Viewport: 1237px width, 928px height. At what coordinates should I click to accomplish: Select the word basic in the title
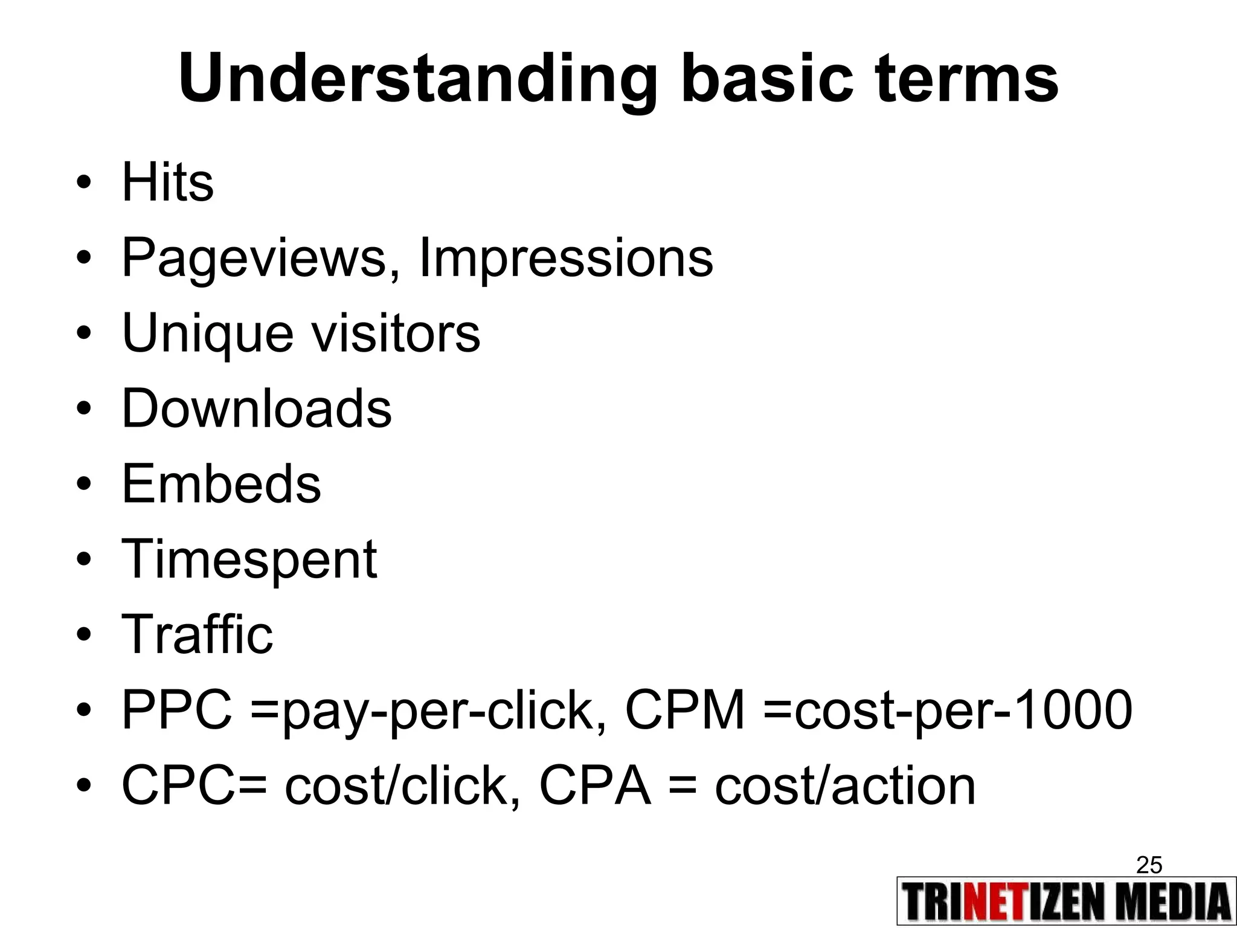tap(767, 79)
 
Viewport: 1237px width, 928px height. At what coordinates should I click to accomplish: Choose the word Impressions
tap(565, 259)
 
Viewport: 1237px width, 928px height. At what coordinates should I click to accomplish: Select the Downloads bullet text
tap(257, 408)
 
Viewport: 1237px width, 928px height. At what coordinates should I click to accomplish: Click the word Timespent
tap(249, 559)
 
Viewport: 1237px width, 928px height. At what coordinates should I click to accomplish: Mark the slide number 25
tap(1149, 865)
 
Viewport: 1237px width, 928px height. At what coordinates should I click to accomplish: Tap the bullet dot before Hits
tap(84, 182)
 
